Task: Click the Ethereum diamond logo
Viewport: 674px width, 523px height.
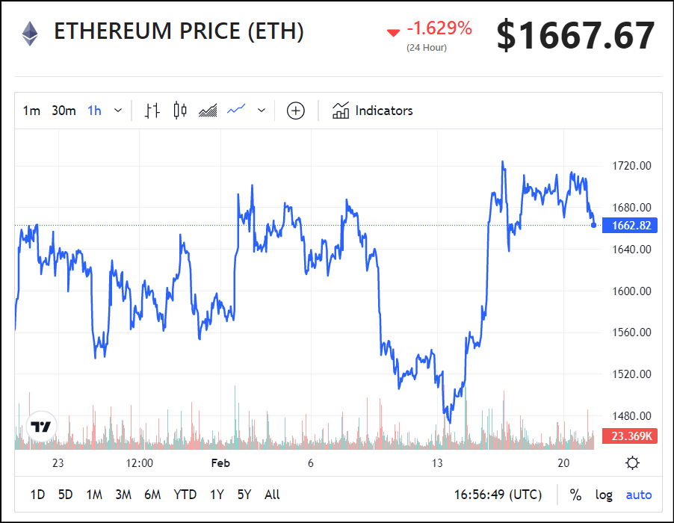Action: pos(30,33)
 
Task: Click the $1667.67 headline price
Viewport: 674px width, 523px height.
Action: pos(575,35)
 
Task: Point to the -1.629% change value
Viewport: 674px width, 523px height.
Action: pos(439,29)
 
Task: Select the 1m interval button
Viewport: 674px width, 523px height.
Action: pos(31,111)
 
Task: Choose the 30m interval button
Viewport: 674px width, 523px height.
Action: pos(64,111)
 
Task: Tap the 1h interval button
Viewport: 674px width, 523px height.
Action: pos(94,111)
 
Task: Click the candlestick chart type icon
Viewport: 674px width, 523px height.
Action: pos(179,111)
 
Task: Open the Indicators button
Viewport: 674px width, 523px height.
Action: pos(373,111)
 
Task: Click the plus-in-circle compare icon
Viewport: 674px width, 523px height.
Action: pos(296,111)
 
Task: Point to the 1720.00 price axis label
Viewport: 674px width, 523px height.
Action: pos(631,166)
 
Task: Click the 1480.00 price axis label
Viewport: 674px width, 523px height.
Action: pos(631,416)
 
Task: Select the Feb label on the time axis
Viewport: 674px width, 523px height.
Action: pos(220,463)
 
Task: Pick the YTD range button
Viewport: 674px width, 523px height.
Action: pos(185,495)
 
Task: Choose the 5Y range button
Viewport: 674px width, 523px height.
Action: pos(244,495)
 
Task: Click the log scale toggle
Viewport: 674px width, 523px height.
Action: pos(604,495)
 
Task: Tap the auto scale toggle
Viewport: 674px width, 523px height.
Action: pos(639,495)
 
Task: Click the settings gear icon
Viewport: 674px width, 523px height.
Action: pos(633,463)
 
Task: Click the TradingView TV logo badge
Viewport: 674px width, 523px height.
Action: pos(41,427)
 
